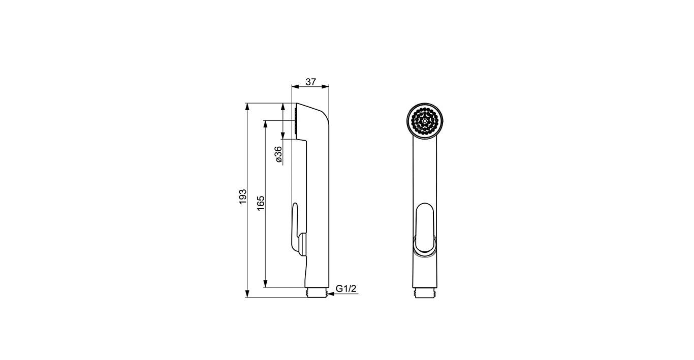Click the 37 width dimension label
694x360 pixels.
point(310,82)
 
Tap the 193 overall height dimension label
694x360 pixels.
point(243,197)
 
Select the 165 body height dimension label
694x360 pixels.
point(261,203)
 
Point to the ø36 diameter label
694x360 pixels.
point(278,154)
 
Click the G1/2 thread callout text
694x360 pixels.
point(346,288)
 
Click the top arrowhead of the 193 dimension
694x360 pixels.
point(247,107)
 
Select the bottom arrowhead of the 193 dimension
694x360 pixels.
point(247,293)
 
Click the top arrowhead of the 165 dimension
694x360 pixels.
point(265,124)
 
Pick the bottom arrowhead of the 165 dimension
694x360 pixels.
point(265,283)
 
